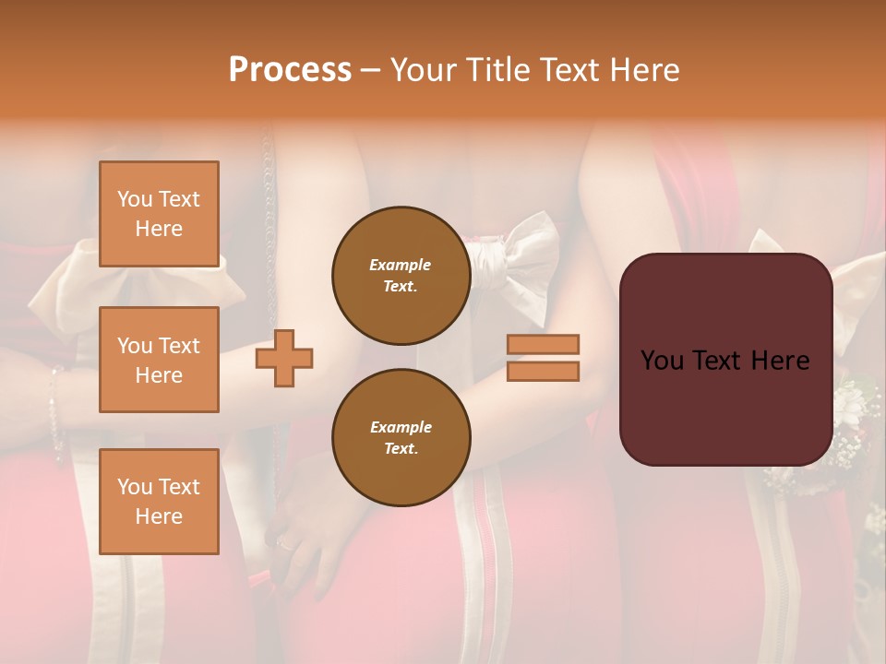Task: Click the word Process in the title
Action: [x=290, y=70]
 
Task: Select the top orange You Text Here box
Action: [x=159, y=214]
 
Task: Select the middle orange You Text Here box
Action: [x=159, y=360]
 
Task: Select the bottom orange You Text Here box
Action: [x=159, y=501]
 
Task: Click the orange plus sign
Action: [x=283, y=359]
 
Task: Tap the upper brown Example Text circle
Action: [x=401, y=275]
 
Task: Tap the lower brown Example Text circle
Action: [x=401, y=437]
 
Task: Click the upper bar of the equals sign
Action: [x=543, y=344]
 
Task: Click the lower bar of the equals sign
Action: [x=543, y=372]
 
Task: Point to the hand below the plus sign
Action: [x=305, y=516]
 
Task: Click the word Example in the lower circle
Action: [x=401, y=427]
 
